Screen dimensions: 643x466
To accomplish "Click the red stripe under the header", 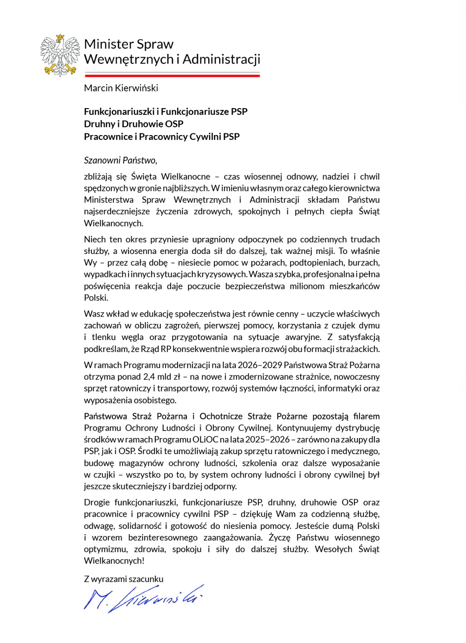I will (x=172, y=75).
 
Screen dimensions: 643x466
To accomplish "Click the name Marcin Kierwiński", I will (x=121, y=88).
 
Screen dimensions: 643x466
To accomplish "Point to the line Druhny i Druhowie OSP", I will (x=133, y=124).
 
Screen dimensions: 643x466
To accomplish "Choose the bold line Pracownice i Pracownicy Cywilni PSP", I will (x=162, y=137).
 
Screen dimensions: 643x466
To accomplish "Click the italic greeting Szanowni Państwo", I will (x=120, y=160).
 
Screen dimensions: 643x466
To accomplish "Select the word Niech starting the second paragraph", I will (x=95, y=240).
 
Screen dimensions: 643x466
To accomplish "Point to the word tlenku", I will (x=104, y=337).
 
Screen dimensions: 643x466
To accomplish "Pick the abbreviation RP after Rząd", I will (x=166, y=349).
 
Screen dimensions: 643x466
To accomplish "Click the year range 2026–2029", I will (x=259, y=365).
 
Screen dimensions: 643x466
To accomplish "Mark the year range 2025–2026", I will (x=267, y=440).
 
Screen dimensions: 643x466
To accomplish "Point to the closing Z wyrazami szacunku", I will (x=123, y=579).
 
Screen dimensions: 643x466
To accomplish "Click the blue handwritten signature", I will (x=143, y=598).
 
